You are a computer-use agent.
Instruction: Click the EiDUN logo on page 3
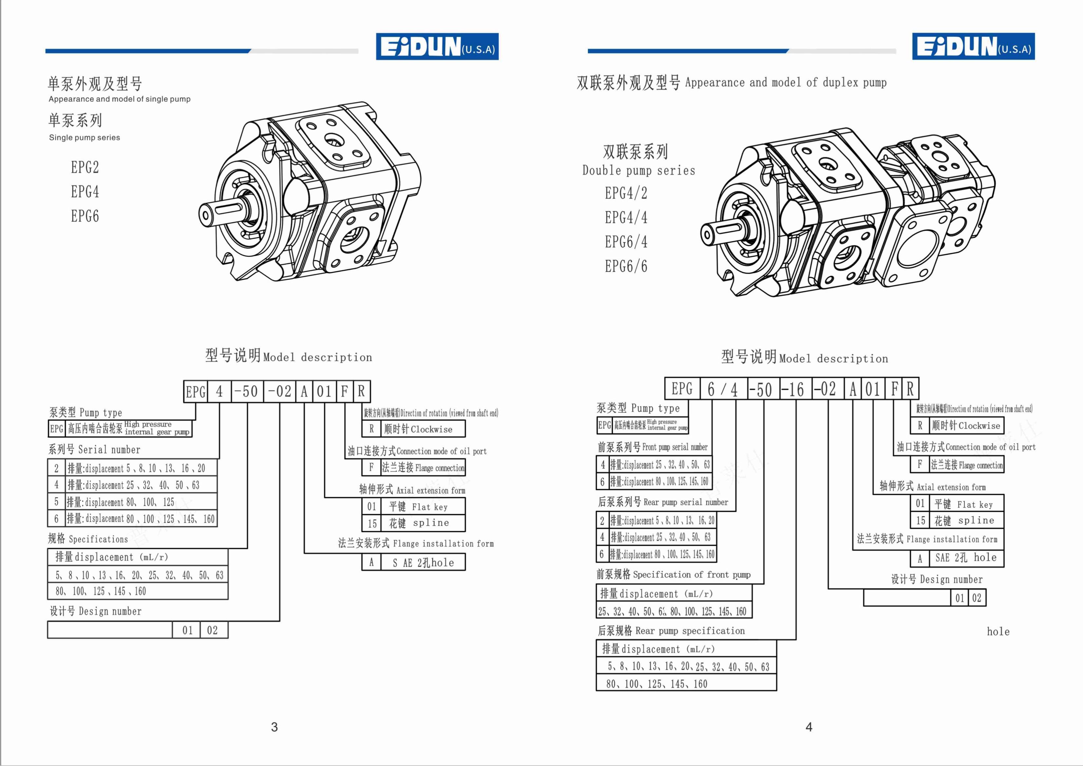(437, 46)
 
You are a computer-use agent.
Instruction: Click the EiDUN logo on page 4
(973, 46)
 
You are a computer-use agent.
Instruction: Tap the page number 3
(274, 727)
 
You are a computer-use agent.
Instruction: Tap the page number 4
(809, 727)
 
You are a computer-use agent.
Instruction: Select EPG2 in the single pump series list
(85, 167)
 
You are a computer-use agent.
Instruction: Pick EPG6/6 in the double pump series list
(626, 267)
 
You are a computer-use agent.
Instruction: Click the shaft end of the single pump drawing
(206, 216)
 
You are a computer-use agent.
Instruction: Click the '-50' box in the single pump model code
(247, 391)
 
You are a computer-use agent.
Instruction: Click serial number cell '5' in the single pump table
(57, 502)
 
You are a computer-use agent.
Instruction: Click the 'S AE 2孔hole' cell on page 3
(423, 562)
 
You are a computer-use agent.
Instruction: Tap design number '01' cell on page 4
(960, 598)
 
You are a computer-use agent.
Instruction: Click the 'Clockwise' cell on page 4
(966, 425)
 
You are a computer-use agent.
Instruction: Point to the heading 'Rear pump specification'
(671, 631)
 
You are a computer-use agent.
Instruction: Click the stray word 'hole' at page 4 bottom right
(998, 632)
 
